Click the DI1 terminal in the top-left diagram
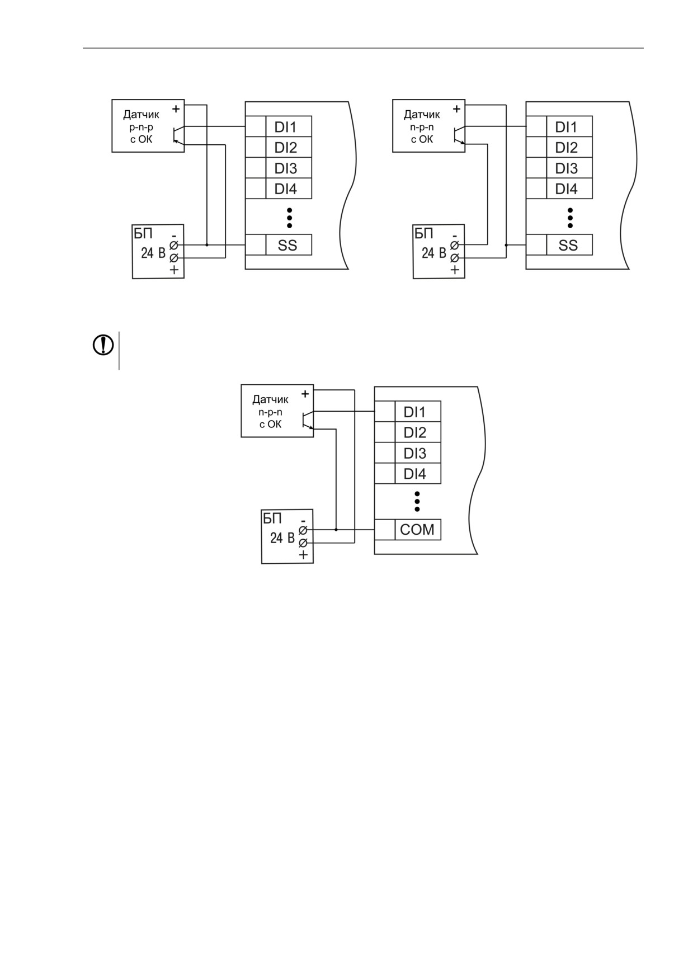pyautogui.click(x=288, y=127)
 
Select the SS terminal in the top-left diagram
pyautogui.click(x=288, y=245)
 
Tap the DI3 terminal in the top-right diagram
pyautogui.click(x=569, y=168)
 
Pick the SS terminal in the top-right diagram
pyautogui.click(x=569, y=245)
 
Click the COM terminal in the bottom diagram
pyautogui.click(x=418, y=530)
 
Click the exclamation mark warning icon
pyautogui.click(x=103, y=345)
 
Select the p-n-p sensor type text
pyautogui.click(x=141, y=127)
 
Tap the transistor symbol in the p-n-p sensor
pyautogui.click(x=178, y=134)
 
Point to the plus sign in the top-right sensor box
pyautogui.click(x=456, y=109)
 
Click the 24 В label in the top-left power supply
pyautogui.click(x=153, y=253)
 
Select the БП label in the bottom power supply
pyautogui.click(x=272, y=518)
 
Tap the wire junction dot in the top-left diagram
pyautogui.click(x=207, y=245)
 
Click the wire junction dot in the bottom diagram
pyautogui.click(x=336, y=530)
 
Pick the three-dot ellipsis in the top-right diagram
pyautogui.click(x=570, y=218)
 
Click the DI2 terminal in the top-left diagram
pyautogui.click(x=288, y=148)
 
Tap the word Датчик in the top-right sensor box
pyautogui.click(x=422, y=115)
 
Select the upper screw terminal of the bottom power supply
pyautogui.click(x=303, y=530)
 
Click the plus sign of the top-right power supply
pyautogui.click(x=455, y=270)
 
